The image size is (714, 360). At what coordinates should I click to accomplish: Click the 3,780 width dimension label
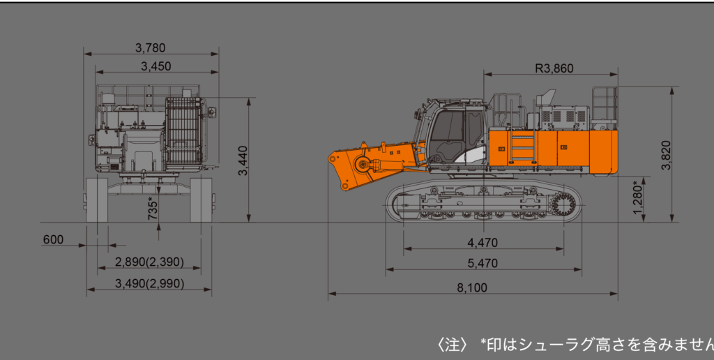[x=151, y=47]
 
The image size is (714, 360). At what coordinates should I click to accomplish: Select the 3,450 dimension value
[x=155, y=66]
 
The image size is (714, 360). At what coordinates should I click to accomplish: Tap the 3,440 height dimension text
[x=243, y=160]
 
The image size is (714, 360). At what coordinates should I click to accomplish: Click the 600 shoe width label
[x=53, y=240]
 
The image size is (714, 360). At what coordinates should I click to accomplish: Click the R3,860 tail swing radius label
[x=554, y=68]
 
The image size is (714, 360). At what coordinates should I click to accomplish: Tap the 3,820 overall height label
[x=666, y=155]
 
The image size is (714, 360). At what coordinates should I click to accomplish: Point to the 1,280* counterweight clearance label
[x=639, y=197]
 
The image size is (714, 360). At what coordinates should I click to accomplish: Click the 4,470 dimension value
[x=483, y=243]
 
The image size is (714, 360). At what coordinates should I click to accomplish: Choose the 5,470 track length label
[x=483, y=264]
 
